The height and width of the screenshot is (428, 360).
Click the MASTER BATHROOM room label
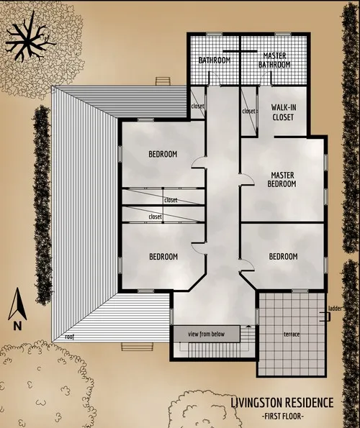(276, 60)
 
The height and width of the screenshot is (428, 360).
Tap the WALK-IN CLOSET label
(283, 112)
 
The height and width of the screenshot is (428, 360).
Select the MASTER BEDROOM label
(282, 179)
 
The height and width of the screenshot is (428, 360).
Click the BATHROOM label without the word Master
(214, 60)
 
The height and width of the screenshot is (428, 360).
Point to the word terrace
(291, 335)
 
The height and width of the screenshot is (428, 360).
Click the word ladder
(333, 309)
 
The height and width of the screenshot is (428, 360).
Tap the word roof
(69, 336)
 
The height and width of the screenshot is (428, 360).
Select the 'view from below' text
(207, 334)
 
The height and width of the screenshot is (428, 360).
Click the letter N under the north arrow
(17, 325)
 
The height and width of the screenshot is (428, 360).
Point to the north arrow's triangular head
(17, 296)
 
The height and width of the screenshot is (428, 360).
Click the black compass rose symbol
(30, 40)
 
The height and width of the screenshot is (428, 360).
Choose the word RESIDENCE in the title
(310, 402)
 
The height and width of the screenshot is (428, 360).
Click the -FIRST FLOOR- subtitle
(283, 416)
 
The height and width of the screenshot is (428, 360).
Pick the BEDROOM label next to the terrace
(283, 257)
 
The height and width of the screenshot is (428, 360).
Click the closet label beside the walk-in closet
(249, 111)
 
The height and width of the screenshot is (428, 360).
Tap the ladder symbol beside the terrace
(325, 316)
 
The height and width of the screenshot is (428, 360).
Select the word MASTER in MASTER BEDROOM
(282, 175)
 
